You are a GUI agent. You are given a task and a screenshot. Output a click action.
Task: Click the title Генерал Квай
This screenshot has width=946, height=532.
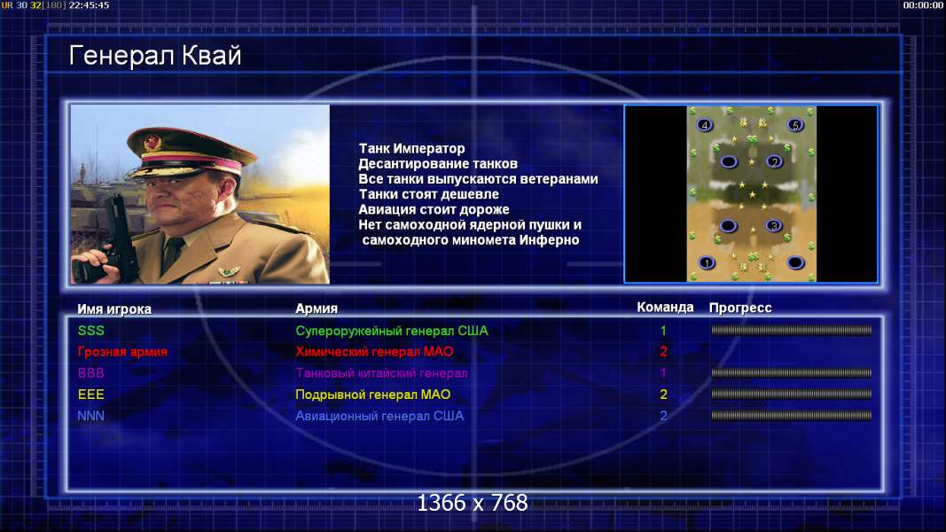(155, 56)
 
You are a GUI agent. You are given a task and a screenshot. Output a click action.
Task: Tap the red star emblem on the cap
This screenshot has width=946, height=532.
(152, 143)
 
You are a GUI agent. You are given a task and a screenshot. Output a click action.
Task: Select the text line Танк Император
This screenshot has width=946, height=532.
(412, 148)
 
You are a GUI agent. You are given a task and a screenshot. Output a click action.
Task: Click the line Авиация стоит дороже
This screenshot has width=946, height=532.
(434, 209)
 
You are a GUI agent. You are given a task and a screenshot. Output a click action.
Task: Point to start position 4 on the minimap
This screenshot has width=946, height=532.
(704, 125)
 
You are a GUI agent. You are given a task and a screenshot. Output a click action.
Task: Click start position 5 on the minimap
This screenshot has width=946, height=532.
(795, 125)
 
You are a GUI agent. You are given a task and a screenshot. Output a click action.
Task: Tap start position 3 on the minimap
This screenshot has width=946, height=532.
(774, 226)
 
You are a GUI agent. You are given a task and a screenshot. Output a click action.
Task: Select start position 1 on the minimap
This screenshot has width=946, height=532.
(707, 263)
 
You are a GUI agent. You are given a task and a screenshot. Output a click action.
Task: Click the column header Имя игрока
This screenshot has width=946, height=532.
(114, 309)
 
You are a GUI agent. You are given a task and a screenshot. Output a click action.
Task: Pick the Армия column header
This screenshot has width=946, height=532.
(317, 309)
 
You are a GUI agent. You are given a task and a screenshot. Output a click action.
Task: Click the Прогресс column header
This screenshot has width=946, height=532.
(740, 308)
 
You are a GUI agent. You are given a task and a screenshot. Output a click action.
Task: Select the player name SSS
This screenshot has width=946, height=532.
(91, 331)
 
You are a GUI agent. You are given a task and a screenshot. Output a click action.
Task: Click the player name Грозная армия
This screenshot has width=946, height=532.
(122, 352)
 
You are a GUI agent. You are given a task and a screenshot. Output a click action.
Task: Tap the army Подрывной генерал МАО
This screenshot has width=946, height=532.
(373, 395)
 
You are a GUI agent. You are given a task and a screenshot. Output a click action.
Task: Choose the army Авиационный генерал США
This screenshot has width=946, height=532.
(379, 416)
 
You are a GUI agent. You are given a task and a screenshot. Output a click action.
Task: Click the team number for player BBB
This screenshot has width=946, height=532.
(663, 372)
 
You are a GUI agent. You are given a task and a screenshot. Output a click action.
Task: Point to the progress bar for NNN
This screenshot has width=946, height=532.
(791, 416)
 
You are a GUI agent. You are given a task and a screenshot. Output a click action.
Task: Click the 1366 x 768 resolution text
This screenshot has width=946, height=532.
(473, 503)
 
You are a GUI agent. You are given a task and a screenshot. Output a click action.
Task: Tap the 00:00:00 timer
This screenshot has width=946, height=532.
(923, 5)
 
